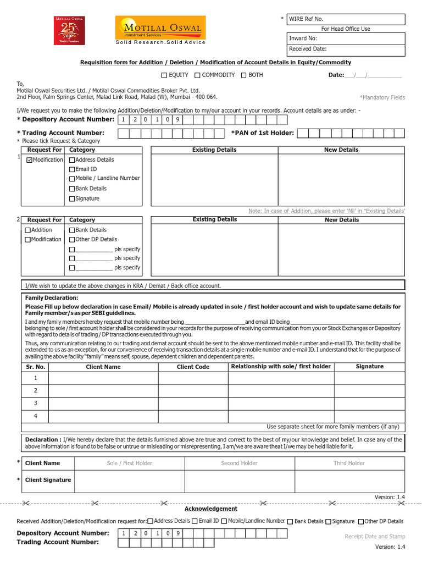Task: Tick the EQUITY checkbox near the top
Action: [x=164, y=75]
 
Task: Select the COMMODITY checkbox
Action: [x=197, y=75]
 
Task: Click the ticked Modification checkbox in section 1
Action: [x=29, y=160]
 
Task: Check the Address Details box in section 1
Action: [x=72, y=160]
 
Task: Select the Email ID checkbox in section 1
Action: [x=72, y=170]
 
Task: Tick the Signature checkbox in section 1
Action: [x=72, y=199]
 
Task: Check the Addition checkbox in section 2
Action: [x=28, y=230]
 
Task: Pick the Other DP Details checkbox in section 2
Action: [x=72, y=240]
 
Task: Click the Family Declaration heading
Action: [x=52, y=297]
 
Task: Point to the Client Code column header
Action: [x=193, y=367]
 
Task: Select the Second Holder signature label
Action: [x=239, y=463]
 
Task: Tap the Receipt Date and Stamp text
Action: [x=375, y=536]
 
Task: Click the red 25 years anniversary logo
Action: [x=69, y=30]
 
